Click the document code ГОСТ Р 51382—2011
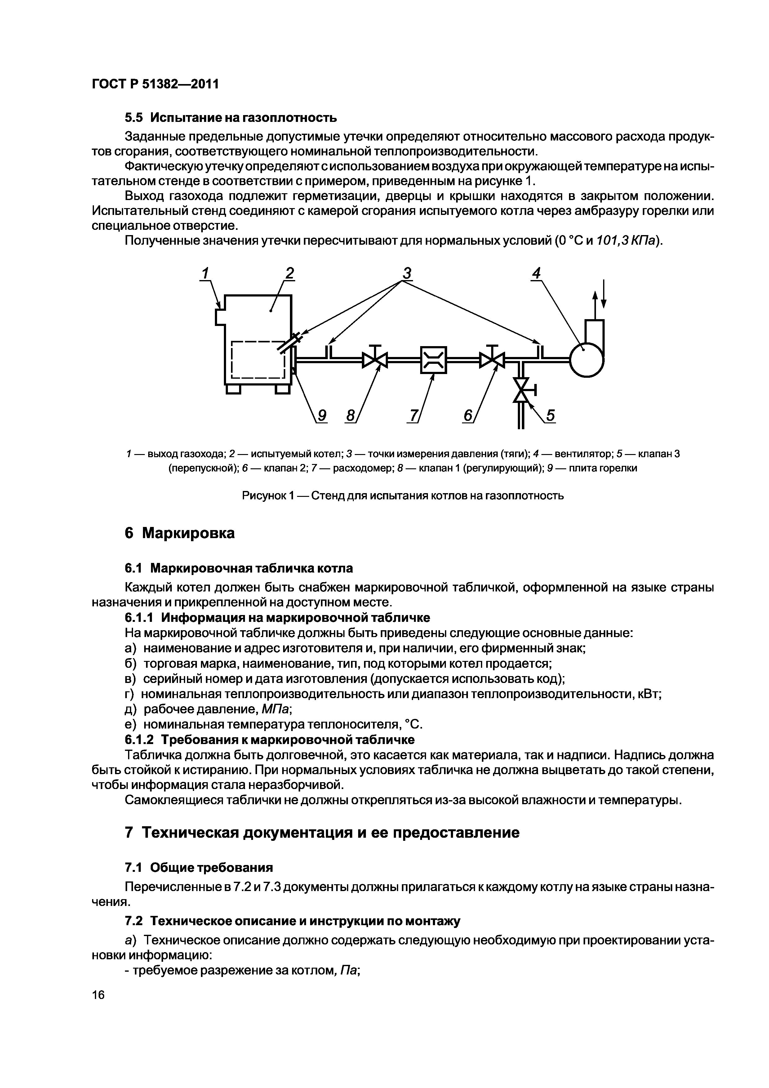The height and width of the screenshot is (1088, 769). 155,84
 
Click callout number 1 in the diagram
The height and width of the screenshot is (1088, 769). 205,274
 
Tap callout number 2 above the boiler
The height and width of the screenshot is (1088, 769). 289,274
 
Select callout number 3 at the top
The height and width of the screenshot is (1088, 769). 407,274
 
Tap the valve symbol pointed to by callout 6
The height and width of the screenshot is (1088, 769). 492,360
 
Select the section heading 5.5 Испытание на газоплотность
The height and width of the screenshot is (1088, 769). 231,117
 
